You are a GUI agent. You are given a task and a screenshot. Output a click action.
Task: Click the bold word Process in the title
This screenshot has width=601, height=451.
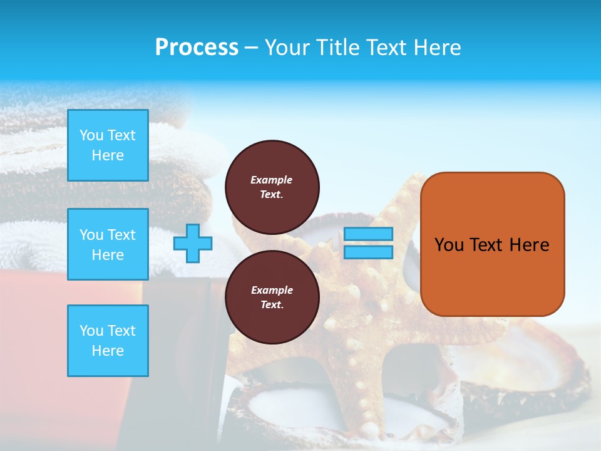[197, 48]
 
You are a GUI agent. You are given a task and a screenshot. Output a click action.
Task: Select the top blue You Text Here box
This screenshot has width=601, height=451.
[108, 145]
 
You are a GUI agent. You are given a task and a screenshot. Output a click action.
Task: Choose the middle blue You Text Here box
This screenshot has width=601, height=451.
[108, 244]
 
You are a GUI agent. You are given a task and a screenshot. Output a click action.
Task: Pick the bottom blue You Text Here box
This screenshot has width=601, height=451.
[108, 341]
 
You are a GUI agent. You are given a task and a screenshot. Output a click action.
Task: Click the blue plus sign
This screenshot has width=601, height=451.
[192, 243]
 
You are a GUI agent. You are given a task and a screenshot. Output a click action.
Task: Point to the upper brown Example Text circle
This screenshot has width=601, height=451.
[272, 187]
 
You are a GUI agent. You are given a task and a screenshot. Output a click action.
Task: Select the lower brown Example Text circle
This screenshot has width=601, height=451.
[272, 297]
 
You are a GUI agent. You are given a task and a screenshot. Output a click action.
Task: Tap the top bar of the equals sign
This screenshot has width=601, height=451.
[368, 234]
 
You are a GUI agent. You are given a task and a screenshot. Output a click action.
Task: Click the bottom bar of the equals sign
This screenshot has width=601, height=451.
[368, 252]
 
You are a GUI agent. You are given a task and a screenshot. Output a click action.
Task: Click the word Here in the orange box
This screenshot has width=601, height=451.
[529, 245]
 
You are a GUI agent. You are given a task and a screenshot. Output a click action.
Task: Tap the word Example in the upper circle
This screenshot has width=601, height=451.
[272, 180]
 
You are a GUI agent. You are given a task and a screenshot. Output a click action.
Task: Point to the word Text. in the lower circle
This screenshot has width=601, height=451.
[272, 305]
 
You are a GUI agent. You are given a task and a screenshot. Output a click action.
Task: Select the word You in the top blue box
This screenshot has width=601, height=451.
[91, 135]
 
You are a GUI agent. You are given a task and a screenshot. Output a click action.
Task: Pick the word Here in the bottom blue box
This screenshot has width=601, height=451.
[108, 351]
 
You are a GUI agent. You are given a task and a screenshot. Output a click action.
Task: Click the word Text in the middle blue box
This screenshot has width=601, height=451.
[121, 235]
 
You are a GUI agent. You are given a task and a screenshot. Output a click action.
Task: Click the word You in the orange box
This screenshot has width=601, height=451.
[449, 245]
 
